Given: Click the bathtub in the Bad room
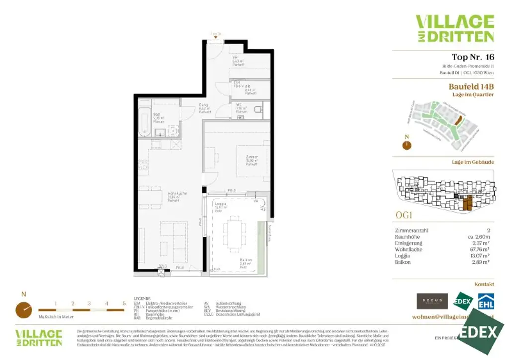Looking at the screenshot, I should pos(145,121).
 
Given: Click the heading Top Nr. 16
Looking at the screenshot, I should pos(472,57).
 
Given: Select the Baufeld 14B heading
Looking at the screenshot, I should pos(471,87).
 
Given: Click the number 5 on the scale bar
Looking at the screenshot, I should pos(124,303).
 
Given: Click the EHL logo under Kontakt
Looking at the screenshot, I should pos(485,301).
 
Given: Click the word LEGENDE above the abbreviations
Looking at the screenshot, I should pos(142,299).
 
